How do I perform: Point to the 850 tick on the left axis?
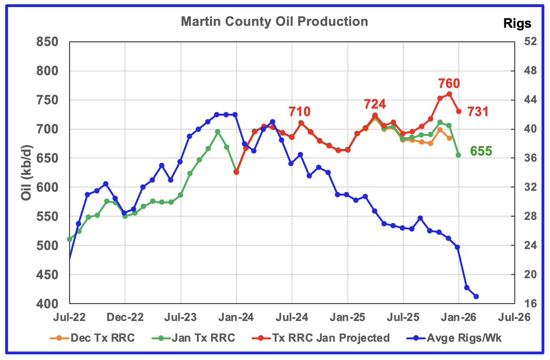48,42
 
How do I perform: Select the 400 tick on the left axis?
48,304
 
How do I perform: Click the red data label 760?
448,84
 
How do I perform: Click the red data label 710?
299,112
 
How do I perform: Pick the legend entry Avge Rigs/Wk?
450,337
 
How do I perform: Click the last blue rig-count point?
476,297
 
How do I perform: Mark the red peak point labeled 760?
449,94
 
